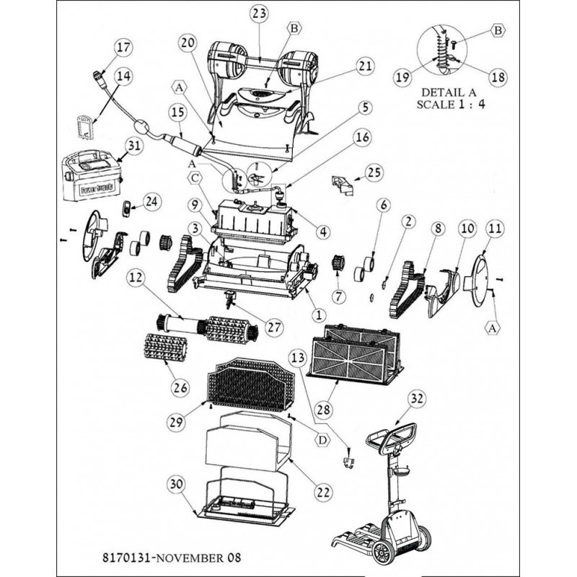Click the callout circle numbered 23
pyautogui.click(x=259, y=13)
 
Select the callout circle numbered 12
pyautogui.click(x=136, y=277)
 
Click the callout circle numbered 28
pyautogui.click(x=323, y=410)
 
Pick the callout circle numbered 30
pyautogui.click(x=176, y=484)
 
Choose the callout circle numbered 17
pyautogui.click(x=123, y=48)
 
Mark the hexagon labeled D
pyautogui.click(x=322, y=439)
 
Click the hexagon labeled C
pyautogui.click(x=195, y=177)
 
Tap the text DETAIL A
pyautogui.click(x=449, y=92)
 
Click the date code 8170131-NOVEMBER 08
pyautogui.click(x=172, y=557)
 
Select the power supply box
pyautogui.click(x=92, y=175)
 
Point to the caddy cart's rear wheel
pyautogui.click(x=382, y=552)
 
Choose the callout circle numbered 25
pyautogui.click(x=374, y=172)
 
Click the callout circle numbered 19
pyautogui.click(x=403, y=77)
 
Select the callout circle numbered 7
pyautogui.click(x=338, y=296)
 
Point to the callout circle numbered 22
pyautogui.click(x=323, y=492)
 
